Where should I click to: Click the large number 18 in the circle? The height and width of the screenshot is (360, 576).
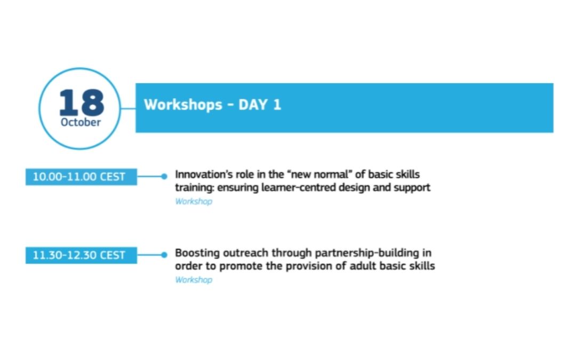point(82,102)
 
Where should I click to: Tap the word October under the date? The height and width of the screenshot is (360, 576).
point(81,122)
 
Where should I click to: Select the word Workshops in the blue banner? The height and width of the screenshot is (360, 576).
point(183,105)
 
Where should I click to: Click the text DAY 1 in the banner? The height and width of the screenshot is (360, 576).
point(260,105)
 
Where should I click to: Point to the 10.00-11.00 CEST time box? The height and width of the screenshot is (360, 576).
point(81,177)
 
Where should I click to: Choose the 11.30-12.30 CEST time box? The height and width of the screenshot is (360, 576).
point(81,255)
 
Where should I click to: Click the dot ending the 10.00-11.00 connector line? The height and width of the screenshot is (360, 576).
point(164,177)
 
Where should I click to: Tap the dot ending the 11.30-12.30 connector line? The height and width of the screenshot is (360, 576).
point(164,255)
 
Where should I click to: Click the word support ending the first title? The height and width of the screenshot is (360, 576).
point(412,188)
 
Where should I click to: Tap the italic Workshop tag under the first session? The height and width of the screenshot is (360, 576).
point(194,201)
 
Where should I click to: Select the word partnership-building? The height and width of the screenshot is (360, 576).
point(367,253)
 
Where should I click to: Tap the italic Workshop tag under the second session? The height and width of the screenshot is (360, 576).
point(194,280)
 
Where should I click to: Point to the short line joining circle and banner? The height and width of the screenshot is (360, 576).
point(128,108)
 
